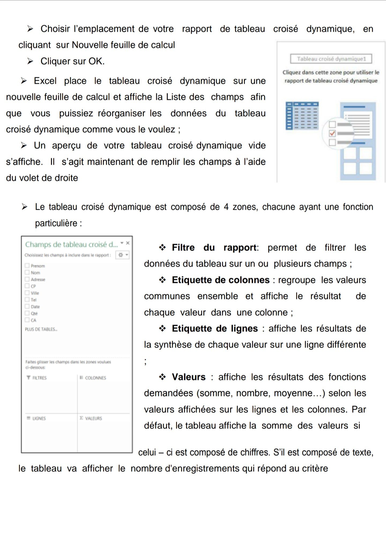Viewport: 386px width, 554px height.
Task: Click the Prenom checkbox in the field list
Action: [27, 266]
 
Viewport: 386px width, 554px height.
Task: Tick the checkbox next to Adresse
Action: [27, 279]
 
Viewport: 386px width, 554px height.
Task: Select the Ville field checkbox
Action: [27, 293]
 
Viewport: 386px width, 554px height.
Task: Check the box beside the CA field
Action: [27, 320]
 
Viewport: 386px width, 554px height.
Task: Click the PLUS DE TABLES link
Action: [41, 329]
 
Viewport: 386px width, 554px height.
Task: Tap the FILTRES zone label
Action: [39, 378]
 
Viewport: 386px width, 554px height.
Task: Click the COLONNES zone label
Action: [95, 378]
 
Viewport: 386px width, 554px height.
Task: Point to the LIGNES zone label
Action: [39, 418]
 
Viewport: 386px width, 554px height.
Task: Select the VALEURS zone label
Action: [93, 418]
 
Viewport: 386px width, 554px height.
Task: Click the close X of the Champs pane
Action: [128, 243]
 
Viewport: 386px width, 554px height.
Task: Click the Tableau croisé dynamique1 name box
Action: [331, 59]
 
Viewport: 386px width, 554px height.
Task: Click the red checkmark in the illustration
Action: [332, 133]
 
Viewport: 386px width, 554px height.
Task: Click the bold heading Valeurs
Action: [189, 377]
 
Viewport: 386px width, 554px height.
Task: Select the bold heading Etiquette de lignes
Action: [215, 329]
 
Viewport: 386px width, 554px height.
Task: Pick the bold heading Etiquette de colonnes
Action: [221, 280]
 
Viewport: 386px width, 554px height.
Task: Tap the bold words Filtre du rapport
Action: [214, 248]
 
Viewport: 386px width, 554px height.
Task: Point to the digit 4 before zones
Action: [226, 207]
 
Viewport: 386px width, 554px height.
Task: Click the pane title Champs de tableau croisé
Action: [71, 244]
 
